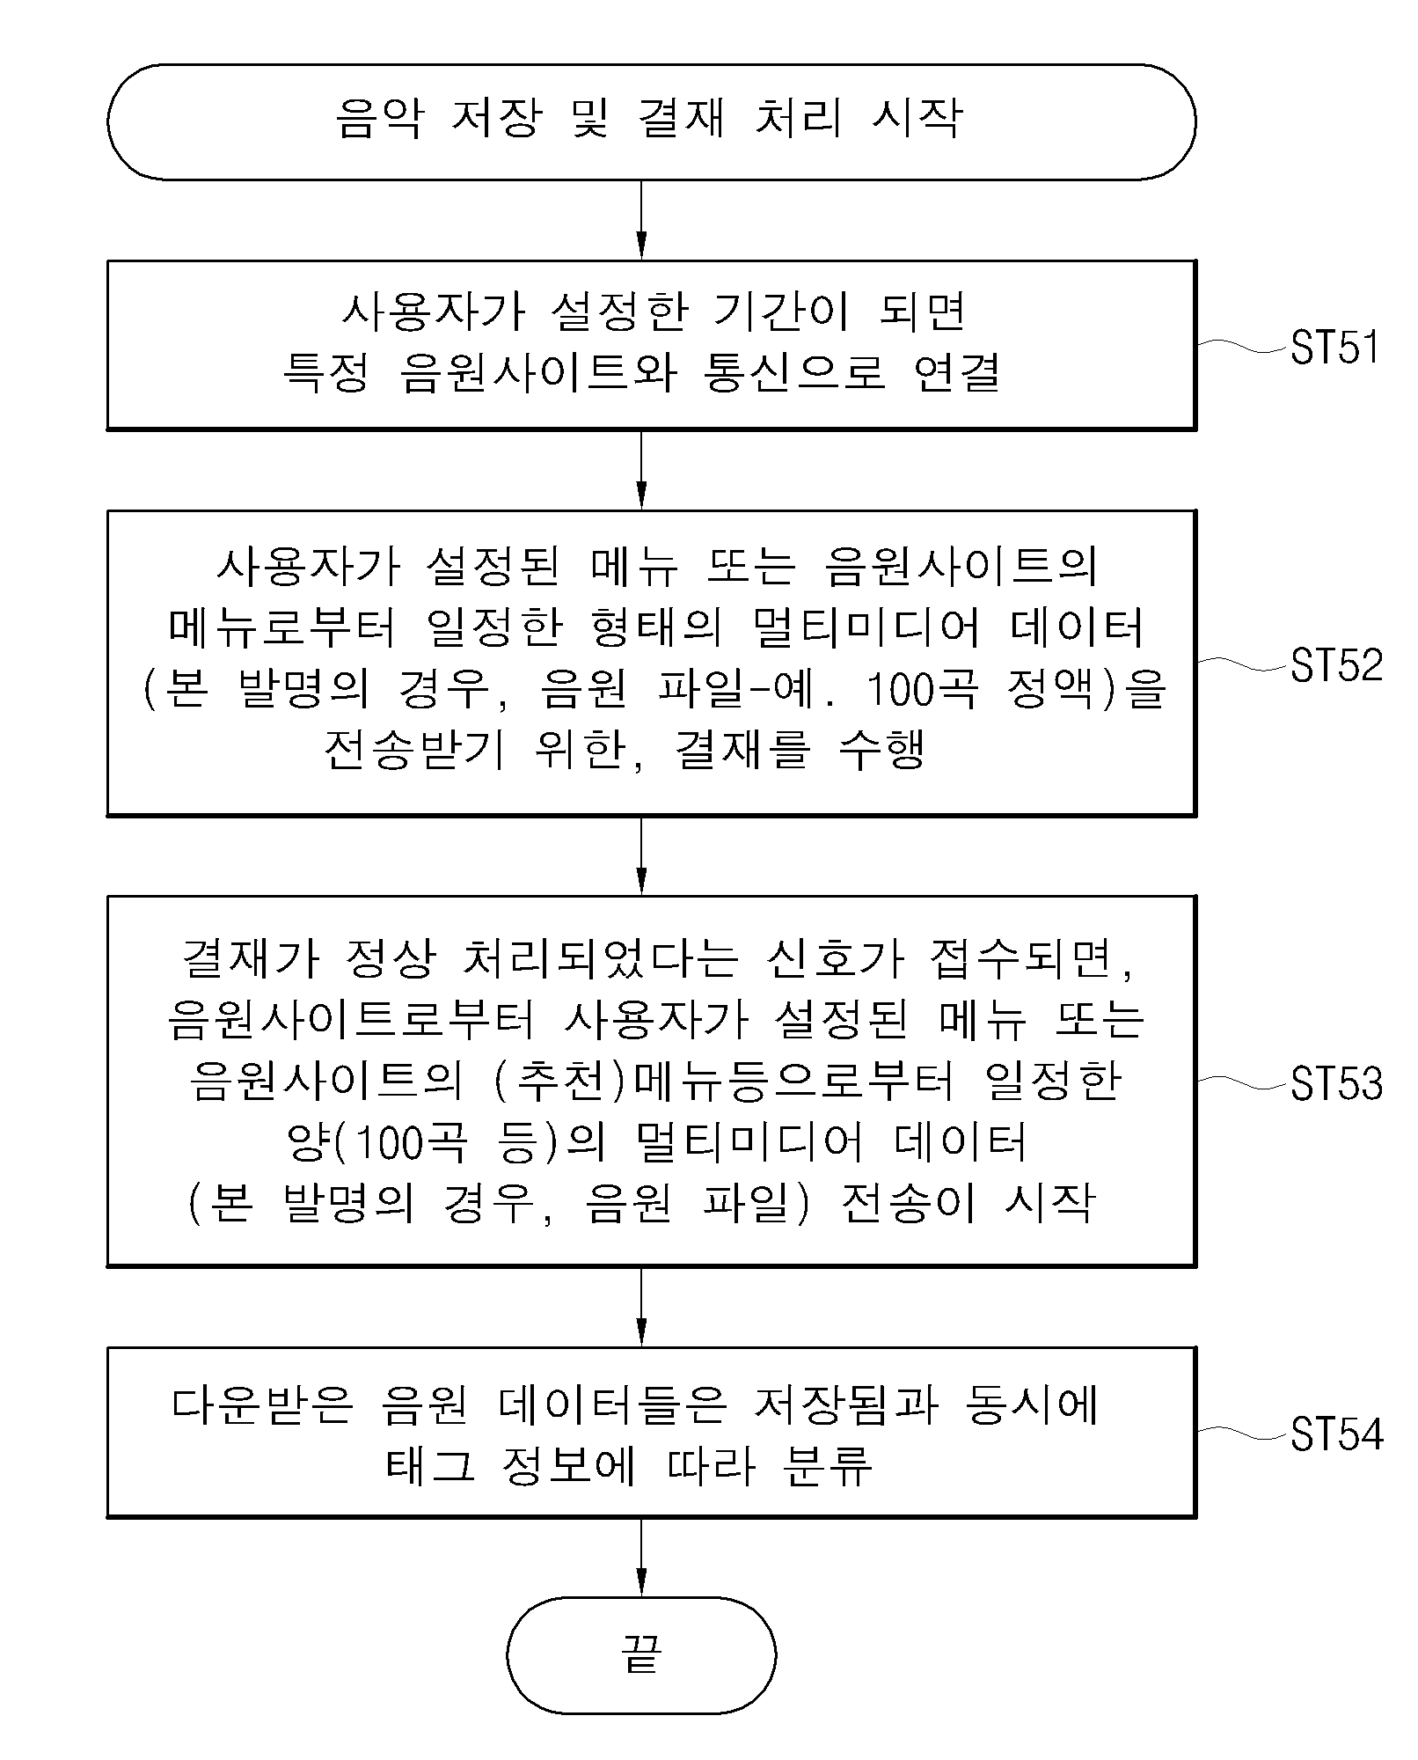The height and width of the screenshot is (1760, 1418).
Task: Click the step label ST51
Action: [x=1335, y=348]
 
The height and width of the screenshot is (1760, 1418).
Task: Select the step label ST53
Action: [x=1337, y=1083]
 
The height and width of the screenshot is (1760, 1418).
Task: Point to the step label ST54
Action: [x=1337, y=1434]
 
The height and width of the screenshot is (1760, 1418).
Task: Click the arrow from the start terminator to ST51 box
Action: [x=641, y=220]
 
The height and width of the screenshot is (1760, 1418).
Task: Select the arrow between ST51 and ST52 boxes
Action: [x=641, y=470]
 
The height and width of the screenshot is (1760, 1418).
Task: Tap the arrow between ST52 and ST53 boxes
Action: [x=641, y=855]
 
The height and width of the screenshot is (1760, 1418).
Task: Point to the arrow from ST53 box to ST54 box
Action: [x=641, y=1307]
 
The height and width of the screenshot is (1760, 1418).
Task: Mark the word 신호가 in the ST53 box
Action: [x=835, y=957]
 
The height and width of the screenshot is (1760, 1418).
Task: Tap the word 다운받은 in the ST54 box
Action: [x=262, y=1404]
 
